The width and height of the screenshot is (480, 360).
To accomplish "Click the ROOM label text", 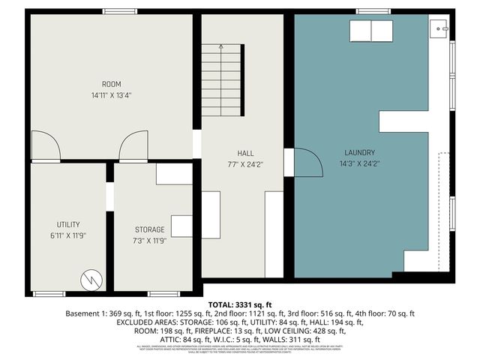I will coord(112,84).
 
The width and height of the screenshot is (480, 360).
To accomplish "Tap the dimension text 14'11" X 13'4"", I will coord(112,95).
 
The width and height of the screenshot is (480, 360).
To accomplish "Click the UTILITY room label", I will coord(68,224).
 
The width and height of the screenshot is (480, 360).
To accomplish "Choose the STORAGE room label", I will coord(149,229).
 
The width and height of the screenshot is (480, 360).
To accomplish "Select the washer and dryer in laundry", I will coord(371,32).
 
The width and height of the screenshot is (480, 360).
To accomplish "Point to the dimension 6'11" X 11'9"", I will coord(68,235).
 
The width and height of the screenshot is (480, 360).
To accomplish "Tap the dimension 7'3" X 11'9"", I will coord(149,241).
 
